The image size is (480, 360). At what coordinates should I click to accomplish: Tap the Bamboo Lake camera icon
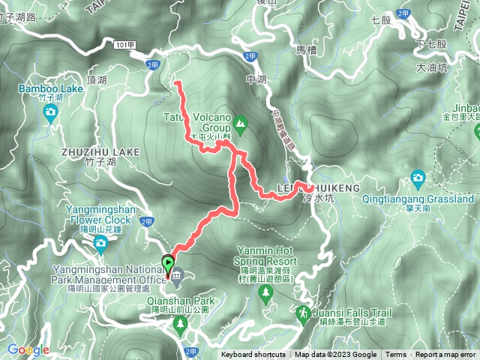50,112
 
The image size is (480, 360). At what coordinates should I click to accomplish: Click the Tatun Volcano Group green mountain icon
240,122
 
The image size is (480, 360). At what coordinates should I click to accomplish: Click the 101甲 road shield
126,45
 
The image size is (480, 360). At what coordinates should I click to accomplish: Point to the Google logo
28,349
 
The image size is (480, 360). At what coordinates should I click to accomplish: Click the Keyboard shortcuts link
253,355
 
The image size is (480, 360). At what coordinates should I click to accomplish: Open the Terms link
396,355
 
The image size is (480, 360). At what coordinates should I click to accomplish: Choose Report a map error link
446,355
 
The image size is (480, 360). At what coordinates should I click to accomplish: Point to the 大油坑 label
432,67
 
